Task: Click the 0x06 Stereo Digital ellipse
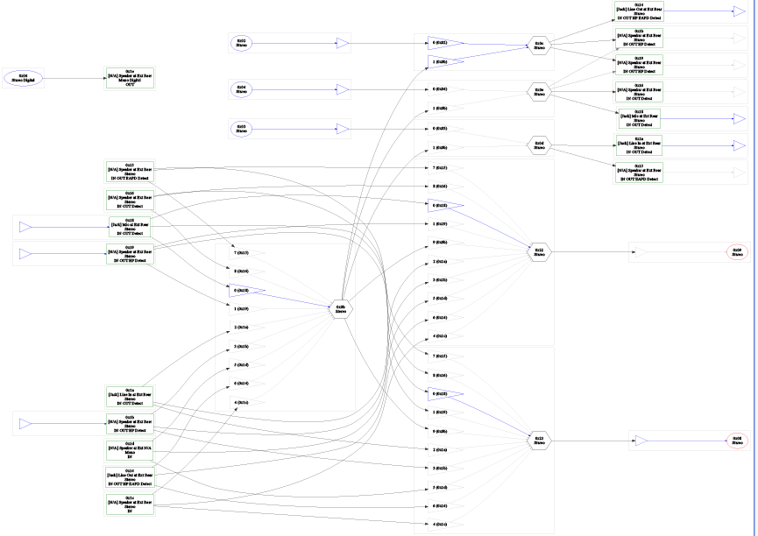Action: click(23, 78)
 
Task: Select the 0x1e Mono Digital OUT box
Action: click(130, 78)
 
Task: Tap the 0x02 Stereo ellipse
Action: click(241, 42)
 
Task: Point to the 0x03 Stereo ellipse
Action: click(241, 129)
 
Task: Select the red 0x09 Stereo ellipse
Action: click(738, 252)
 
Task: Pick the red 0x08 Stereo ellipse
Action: click(738, 441)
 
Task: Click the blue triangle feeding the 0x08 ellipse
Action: click(641, 441)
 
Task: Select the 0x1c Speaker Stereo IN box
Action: click(130, 504)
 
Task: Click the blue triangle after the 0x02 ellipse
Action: click(343, 42)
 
